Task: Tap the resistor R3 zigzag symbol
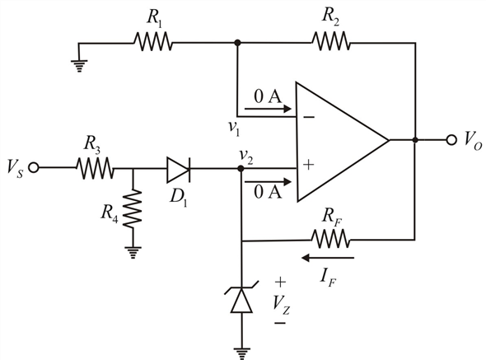95,168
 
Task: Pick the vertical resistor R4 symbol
133,208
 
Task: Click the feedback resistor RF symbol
330,239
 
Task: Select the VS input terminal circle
34,168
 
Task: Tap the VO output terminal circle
451,140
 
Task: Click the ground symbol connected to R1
79,66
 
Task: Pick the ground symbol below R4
133,252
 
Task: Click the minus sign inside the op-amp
309,117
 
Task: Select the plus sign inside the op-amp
308,165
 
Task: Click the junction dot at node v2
241,168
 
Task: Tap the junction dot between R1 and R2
237,43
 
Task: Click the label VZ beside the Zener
282,305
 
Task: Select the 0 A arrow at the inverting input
268,109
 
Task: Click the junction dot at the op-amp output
415,140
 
